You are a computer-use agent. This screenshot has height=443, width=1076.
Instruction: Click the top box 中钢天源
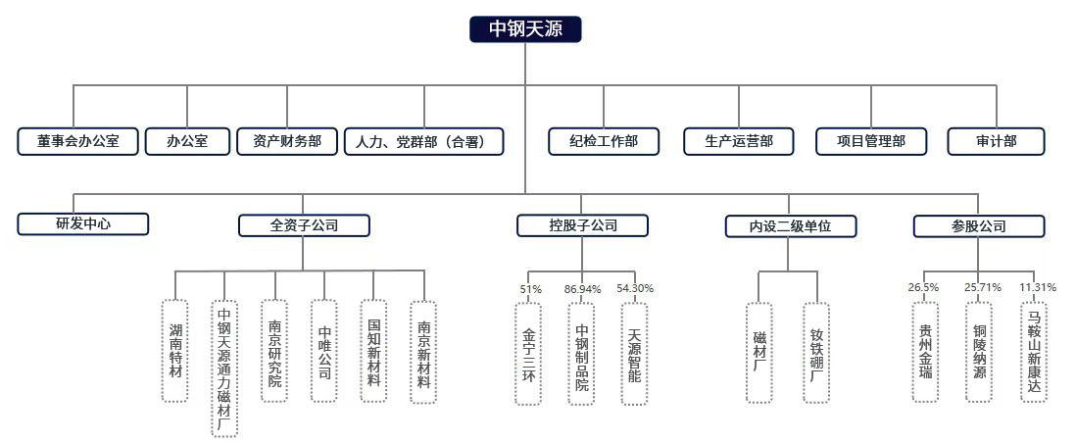525,29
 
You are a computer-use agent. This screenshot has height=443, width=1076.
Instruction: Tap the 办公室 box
187,141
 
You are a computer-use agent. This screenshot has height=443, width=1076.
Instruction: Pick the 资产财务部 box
286,141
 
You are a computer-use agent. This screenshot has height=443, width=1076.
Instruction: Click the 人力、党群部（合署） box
424,141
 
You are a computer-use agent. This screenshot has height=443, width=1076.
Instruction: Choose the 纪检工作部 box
604,141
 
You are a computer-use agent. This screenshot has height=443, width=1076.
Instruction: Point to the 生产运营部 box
738,141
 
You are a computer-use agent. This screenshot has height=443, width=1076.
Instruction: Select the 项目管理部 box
872,141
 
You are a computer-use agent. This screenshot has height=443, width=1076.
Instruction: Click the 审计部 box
997,141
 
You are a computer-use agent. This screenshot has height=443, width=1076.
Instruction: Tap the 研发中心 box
83,223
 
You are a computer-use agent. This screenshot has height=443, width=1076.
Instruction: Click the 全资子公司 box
304,225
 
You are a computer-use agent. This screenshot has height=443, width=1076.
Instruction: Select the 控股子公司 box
583,225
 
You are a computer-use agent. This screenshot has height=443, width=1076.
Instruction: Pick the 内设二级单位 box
791,226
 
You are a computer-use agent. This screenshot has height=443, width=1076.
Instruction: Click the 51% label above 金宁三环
530,289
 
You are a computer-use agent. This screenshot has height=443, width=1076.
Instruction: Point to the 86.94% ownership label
583,289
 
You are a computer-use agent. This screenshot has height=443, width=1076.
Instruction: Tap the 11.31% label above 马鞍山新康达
1038,287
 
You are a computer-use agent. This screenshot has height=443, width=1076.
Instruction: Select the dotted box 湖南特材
175,351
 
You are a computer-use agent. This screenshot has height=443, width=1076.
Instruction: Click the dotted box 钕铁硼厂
817,353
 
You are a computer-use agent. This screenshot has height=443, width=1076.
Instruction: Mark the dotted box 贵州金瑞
925,351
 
